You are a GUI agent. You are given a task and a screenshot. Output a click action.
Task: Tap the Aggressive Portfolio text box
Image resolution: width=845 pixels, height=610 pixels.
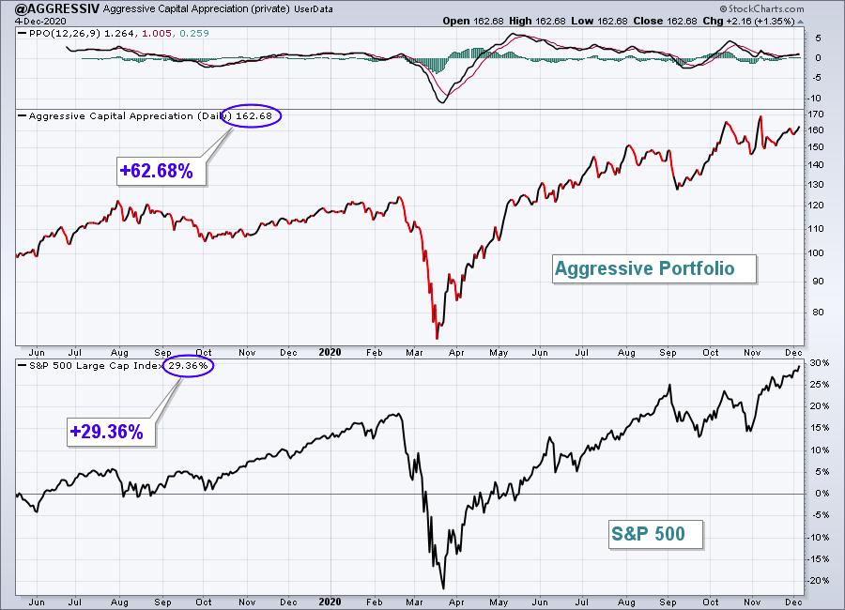coord(654,268)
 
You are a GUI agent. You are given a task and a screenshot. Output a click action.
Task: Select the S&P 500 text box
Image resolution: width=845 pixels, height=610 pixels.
coord(655,534)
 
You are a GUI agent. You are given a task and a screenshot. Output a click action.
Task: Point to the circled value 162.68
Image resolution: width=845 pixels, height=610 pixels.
coord(251,115)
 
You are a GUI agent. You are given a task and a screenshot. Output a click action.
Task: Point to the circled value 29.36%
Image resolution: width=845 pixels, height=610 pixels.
coord(188,365)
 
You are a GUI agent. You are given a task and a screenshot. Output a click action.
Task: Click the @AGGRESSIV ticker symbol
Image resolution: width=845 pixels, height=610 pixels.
coord(51,8)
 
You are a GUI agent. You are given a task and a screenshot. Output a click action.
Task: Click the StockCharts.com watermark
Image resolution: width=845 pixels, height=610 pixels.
coord(761,8)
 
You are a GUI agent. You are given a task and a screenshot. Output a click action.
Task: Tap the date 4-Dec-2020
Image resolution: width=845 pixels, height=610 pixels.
coord(34,21)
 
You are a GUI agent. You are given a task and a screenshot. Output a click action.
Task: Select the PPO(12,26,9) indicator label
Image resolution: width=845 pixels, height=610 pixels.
coord(64,34)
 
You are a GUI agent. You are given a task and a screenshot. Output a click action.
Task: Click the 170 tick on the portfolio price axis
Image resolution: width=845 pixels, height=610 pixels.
coord(817,114)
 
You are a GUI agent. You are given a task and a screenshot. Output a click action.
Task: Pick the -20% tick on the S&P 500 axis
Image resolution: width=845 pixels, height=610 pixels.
coord(818,580)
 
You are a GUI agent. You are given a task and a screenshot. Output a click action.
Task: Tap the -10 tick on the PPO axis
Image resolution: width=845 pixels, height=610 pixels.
coord(814,99)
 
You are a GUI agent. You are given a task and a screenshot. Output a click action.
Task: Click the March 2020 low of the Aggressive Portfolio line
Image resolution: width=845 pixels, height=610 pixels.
coord(437,339)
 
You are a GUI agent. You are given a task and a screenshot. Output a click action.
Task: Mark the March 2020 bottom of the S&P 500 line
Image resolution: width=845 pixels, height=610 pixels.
coord(443,588)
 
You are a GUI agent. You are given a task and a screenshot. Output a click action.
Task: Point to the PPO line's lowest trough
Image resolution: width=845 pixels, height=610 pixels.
coord(442,102)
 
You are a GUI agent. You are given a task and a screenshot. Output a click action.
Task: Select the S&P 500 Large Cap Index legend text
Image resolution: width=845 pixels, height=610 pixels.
coord(96,365)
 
